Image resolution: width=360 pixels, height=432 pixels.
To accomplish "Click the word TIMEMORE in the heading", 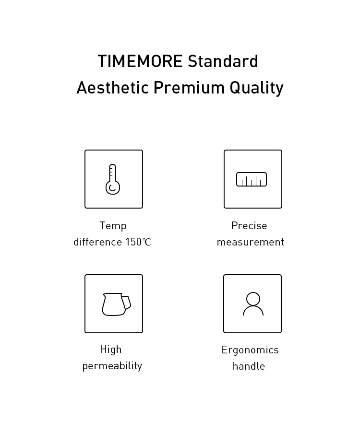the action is point(140,61).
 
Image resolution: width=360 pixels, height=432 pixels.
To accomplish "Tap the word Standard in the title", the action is point(223,61).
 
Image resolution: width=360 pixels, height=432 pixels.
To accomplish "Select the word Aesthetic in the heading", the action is point(112,88).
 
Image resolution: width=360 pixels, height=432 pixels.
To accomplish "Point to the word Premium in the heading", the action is point(189,88).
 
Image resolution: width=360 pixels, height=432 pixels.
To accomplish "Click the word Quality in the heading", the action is point(256,88).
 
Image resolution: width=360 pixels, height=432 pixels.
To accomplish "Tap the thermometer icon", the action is point(113,179).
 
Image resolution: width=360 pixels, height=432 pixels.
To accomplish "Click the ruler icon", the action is point(252,179).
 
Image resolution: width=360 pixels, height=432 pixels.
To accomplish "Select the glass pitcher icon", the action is point(116,304).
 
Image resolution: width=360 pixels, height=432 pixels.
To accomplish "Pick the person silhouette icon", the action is point(253,304).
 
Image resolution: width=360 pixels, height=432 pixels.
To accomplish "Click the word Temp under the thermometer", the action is point(113,226).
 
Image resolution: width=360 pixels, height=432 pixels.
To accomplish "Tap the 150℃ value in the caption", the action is point(139,242).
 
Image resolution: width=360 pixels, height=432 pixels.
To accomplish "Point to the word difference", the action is point(98,242).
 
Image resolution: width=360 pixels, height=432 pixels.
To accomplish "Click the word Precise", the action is point(249,226).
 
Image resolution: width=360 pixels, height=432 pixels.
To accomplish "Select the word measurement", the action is point(251,243).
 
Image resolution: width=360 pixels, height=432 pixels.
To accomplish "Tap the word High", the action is point(110,350).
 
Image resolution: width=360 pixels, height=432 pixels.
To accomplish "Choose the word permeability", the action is point(112,366).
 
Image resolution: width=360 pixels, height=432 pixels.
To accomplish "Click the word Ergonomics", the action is point(250,350).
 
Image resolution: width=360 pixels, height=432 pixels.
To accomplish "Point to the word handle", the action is point(249,366).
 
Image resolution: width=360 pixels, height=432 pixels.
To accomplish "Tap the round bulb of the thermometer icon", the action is point(113,187).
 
